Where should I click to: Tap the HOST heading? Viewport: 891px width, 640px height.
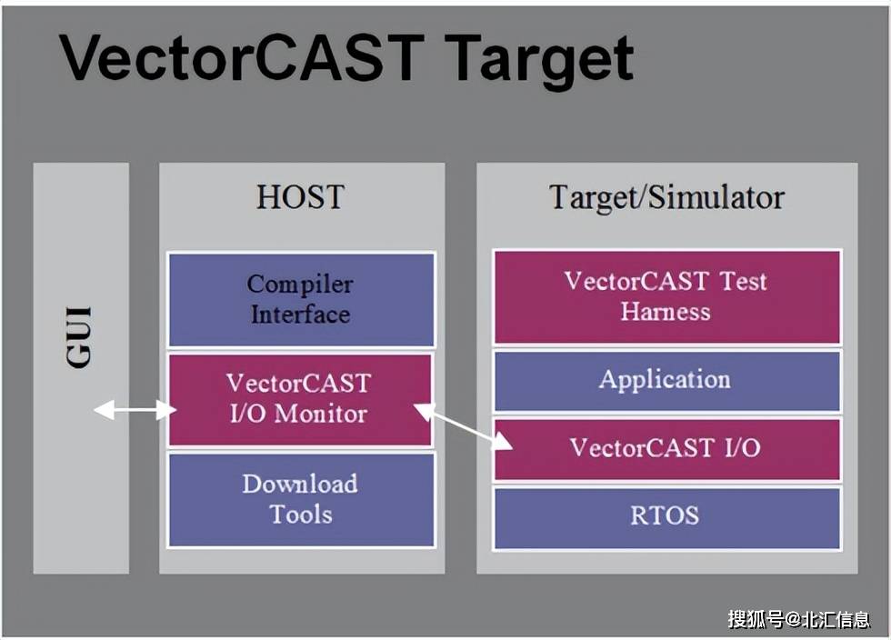[300, 197]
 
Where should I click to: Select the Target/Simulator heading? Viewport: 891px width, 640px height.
[666, 197]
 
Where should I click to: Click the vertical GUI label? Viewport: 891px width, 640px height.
[80, 337]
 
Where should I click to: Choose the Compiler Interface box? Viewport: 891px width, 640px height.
[301, 299]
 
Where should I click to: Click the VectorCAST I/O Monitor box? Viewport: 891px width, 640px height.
[301, 399]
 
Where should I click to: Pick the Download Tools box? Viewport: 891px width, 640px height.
[301, 499]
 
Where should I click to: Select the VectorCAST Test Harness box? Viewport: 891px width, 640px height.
[666, 296]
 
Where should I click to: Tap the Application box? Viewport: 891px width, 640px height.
[666, 380]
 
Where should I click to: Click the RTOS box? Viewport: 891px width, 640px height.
[666, 516]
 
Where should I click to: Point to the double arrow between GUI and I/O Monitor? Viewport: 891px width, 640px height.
[135, 411]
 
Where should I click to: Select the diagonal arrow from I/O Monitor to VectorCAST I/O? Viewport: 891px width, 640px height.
[464, 426]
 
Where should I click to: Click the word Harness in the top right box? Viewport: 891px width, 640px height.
[666, 312]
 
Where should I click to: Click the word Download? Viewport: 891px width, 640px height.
[300, 484]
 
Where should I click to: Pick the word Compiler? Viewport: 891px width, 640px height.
[300, 284]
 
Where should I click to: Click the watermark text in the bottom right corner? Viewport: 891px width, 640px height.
[798, 619]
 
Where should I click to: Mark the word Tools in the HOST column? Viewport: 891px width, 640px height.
[300, 515]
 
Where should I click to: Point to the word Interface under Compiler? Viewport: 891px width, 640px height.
[300, 315]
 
